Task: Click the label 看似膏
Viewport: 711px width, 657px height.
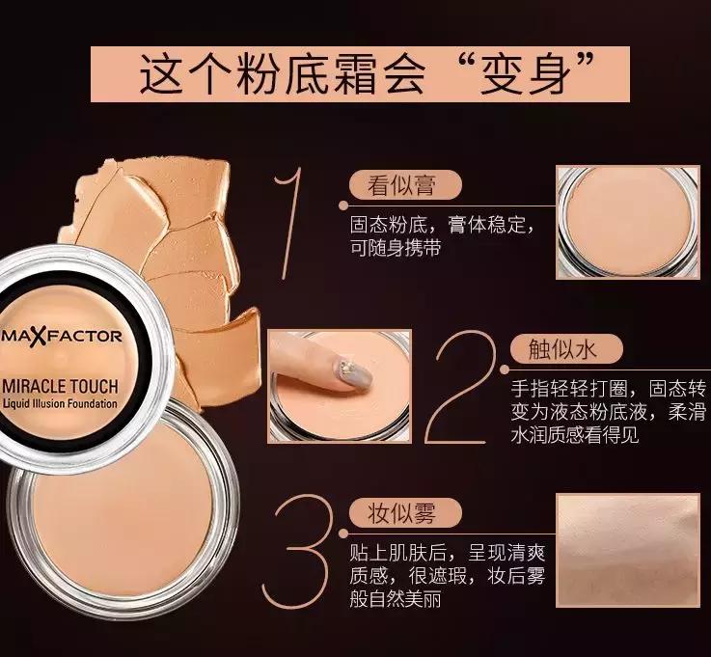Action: click(401, 185)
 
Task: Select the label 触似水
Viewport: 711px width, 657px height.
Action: click(562, 349)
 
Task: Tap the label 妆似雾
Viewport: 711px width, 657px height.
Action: click(401, 513)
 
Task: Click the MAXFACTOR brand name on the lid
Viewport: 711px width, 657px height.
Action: click(61, 337)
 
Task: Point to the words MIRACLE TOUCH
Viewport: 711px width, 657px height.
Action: click(61, 386)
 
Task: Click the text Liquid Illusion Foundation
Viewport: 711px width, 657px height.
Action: click(60, 403)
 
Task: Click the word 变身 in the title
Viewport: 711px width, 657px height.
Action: click(525, 74)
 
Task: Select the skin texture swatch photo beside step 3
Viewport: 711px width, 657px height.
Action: click(628, 550)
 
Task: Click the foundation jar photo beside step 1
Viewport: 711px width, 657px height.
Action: click(628, 222)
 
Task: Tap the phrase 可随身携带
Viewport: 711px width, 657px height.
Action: click(395, 248)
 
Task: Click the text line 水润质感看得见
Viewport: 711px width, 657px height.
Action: click(575, 435)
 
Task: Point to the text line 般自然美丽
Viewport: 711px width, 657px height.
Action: click(395, 599)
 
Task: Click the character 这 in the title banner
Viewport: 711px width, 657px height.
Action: click(162, 74)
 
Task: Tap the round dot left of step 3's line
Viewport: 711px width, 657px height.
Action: click(343, 534)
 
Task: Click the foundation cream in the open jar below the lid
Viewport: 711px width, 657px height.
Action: click(123, 521)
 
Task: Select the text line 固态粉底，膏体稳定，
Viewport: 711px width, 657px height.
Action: click(442, 225)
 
